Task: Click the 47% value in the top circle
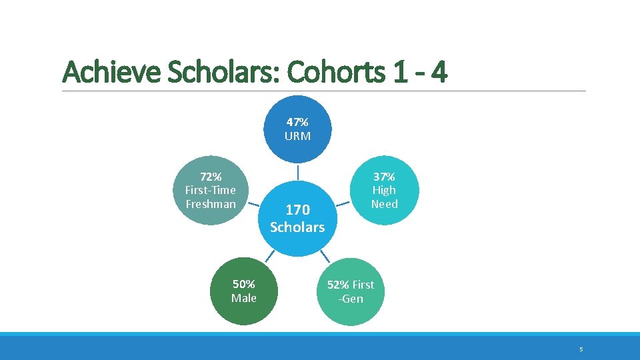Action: pos(297,122)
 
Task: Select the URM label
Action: pos(297,136)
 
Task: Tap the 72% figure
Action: pos(211,177)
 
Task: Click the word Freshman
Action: pos(211,204)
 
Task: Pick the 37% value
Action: pos(384,177)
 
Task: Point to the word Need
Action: pos(384,204)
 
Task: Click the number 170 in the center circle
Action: pos(297,210)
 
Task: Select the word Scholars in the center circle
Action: pos(297,227)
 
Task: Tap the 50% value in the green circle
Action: pos(243,284)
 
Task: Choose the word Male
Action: pos(243,298)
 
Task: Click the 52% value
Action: pos(339,285)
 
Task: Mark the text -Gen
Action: pos(351,299)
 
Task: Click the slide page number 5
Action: pos(581,349)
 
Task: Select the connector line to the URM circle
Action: pos(297,171)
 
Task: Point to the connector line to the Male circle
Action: pos(269,256)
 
